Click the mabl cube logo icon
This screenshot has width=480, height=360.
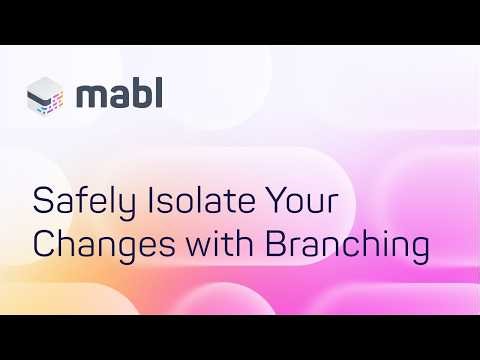[46, 97]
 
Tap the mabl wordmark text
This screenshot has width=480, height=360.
[119, 95]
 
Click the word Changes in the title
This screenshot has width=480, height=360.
[98, 245]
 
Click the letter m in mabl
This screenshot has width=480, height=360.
[92, 98]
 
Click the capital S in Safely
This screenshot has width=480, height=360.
[42, 202]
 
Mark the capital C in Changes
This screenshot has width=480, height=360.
[44, 244]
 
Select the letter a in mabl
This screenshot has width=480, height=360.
[117, 98]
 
